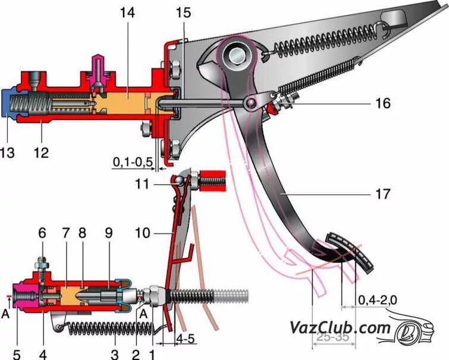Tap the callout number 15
tap(184, 12)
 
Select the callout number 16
tap(382, 104)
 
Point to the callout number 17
tap(382, 194)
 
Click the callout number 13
tap(8, 153)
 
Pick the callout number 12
tap(41, 153)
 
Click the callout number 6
tap(42, 233)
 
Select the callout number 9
tap(108, 233)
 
